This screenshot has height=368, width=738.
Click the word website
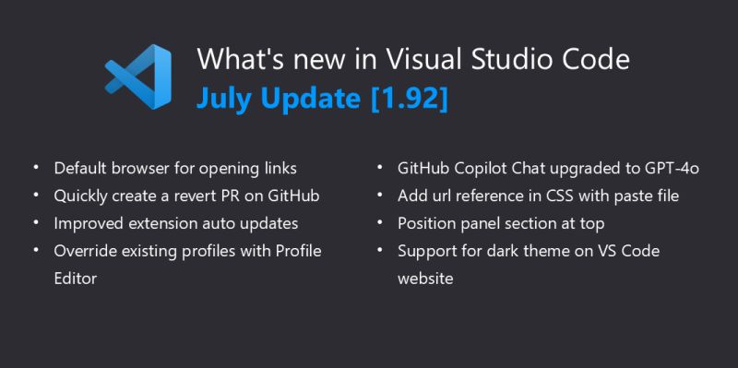point(425,278)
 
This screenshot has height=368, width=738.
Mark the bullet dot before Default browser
point(36,169)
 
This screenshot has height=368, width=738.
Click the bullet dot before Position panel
point(380,223)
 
